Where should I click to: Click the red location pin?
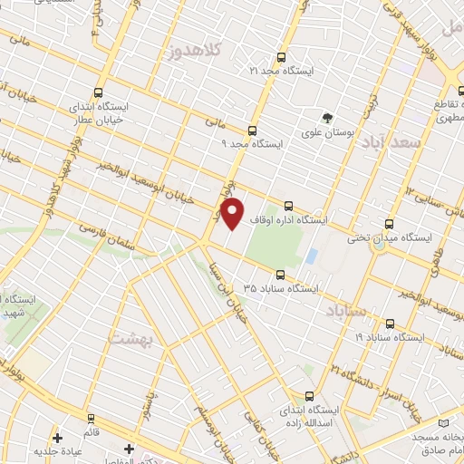tap(234, 215)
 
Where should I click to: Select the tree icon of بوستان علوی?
tap(328, 116)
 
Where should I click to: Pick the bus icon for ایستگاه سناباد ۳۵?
tap(279, 274)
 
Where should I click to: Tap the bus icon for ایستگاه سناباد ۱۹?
tap(390, 323)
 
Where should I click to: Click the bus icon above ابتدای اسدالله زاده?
tap(311, 396)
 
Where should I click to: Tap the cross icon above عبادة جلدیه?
tap(58, 437)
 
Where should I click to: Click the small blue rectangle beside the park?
tap(311, 256)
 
